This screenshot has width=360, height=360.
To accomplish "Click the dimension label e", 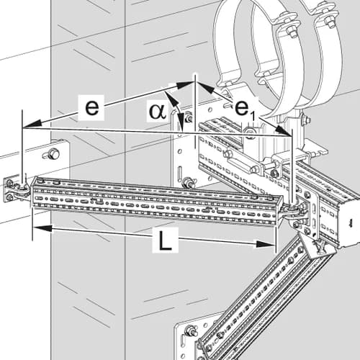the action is [91, 107].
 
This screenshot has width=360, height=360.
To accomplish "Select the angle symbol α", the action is [158, 112].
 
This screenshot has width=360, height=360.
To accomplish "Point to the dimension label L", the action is [165, 240].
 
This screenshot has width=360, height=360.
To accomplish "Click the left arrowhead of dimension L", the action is [42, 228].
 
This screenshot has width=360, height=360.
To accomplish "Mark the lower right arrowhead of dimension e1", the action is [282, 131].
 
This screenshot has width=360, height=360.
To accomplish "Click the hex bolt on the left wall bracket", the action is [53, 153].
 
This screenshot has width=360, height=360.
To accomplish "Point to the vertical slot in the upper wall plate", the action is [180, 173].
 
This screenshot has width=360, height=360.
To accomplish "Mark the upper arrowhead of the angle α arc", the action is [170, 96].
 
